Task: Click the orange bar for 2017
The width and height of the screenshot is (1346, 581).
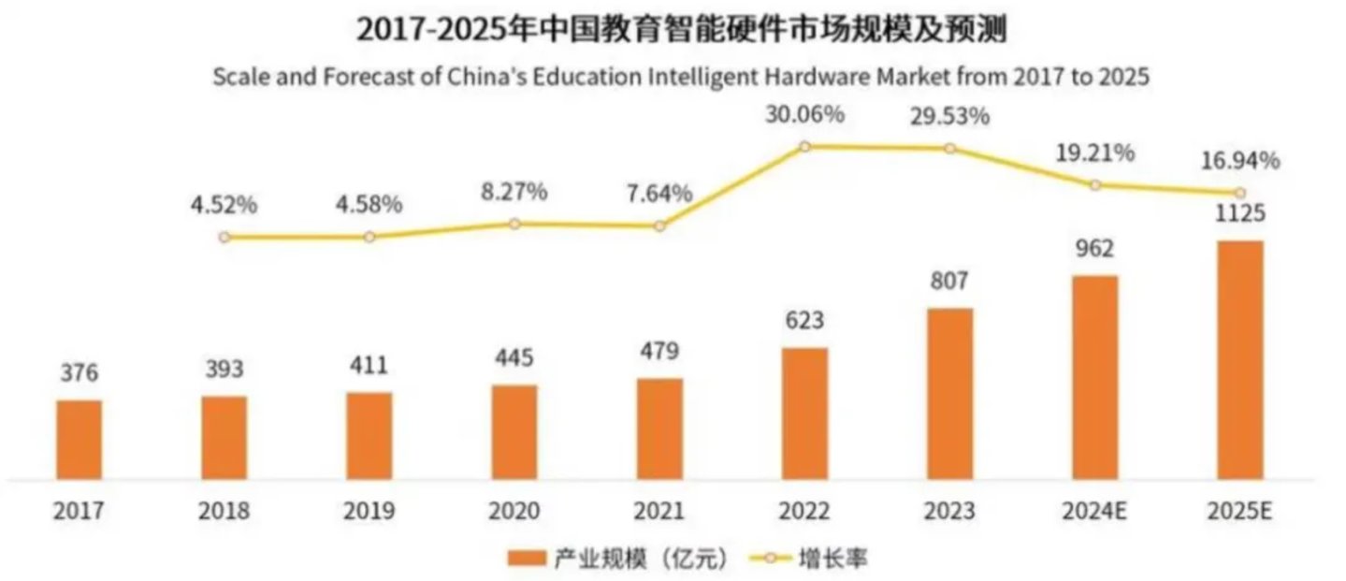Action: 80,440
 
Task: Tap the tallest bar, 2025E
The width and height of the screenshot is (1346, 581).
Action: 1239,360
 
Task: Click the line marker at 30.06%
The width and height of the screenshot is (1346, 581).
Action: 804,146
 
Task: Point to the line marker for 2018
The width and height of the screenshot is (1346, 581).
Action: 224,238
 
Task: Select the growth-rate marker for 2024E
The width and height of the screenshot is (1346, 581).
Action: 1095,185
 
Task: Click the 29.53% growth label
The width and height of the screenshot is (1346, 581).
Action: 950,117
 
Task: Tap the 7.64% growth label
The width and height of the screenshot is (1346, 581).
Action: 659,194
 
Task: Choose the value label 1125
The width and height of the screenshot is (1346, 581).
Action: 1239,214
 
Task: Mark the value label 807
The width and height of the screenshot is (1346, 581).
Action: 949,281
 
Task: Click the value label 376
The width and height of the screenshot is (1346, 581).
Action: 80,373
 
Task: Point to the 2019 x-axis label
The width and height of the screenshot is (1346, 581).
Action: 369,512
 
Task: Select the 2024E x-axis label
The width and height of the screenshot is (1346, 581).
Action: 1095,512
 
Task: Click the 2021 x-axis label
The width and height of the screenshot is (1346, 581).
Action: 659,512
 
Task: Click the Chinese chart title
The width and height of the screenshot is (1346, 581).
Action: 681,30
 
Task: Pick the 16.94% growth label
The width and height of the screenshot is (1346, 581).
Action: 1241,161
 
